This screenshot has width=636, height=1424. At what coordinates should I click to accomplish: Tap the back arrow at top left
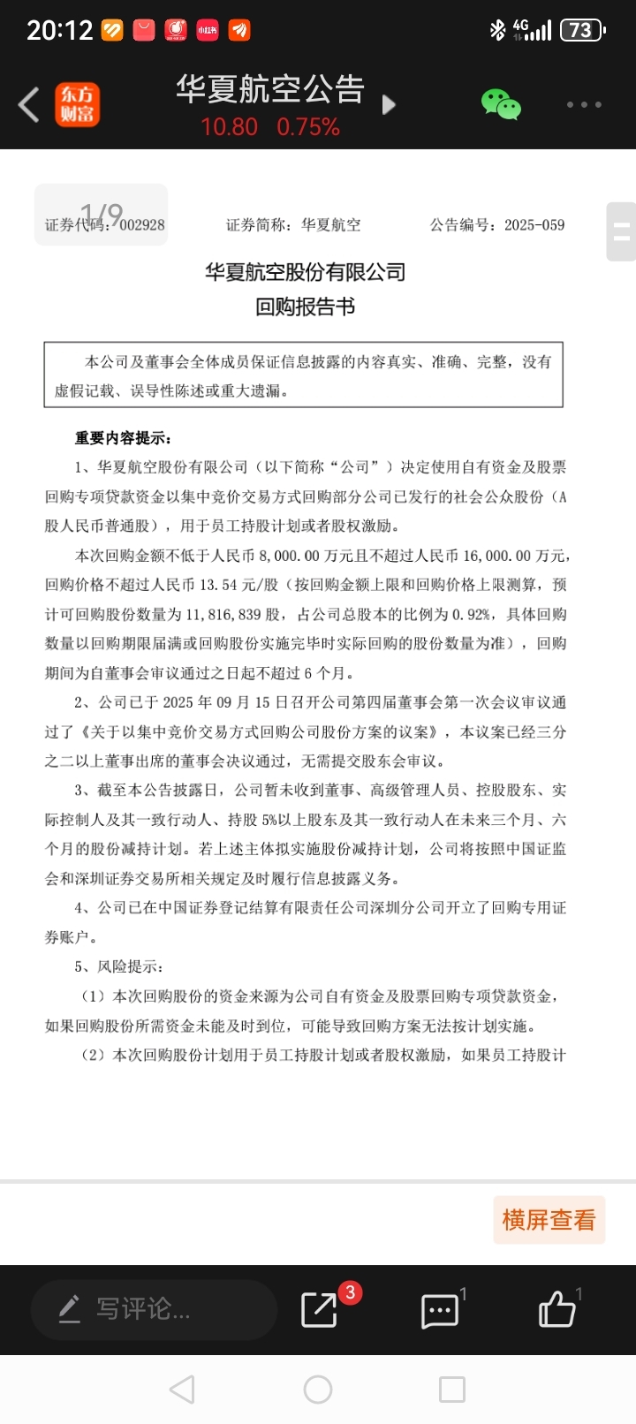click(x=29, y=104)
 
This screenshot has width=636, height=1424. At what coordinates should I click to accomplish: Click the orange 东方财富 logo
click(x=78, y=104)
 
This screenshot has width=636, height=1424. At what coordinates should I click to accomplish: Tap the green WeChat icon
click(x=501, y=104)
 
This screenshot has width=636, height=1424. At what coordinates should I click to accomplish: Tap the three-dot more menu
click(x=584, y=104)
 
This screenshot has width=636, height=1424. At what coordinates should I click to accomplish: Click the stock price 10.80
click(x=229, y=127)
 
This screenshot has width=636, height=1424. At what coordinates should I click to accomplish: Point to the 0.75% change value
click(x=308, y=127)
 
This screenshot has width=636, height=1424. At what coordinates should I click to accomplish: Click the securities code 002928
click(x=142, y=225)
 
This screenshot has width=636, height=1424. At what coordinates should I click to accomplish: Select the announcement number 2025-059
click(x=534, y=225)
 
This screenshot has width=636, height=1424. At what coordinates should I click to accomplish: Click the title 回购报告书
click(x=305, y=307)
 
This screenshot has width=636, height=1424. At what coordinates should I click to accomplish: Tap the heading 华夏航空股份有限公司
click(x=305, y=272)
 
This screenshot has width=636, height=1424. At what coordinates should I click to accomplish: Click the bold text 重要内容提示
click(x=123, y=438)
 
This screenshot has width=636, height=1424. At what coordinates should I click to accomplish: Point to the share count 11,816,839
click(x=222, y=614)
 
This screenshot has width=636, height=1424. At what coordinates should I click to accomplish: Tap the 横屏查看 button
click(x=549, y=1220)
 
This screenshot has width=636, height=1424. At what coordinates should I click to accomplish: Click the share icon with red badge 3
click(x=320, y=1309)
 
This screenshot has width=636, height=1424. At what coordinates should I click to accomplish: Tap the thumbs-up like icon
click(x=557, y=1309)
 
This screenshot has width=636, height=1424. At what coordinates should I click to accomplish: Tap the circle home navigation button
click(x=318, y=1390)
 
